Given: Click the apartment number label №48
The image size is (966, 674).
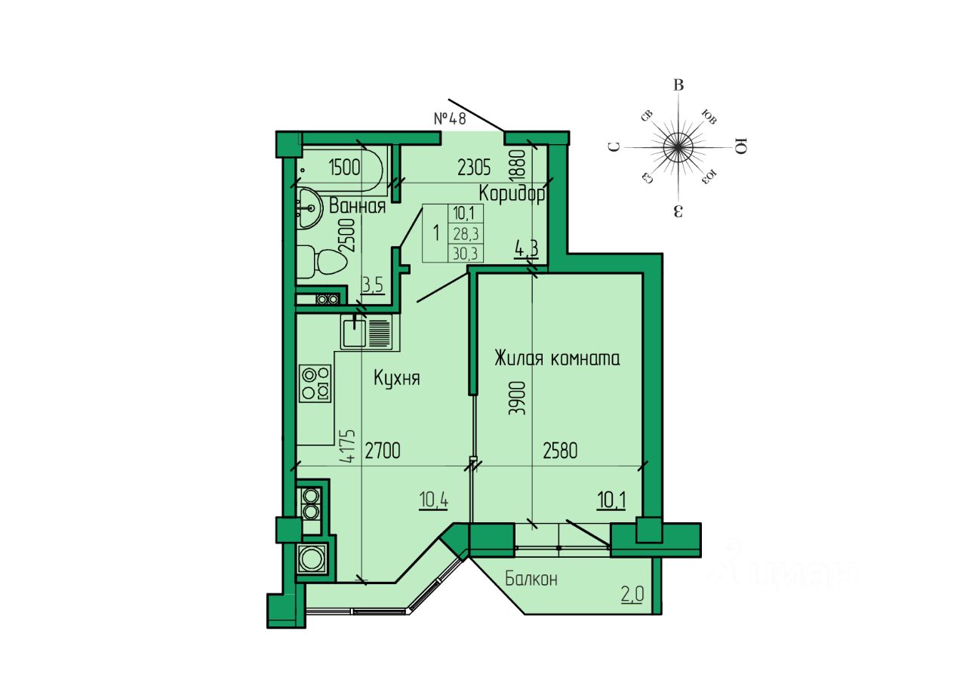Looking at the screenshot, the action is click(450, 118).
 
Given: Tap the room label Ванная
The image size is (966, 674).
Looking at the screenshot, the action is click(357, 206).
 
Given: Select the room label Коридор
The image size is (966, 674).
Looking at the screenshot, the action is click(512, 194).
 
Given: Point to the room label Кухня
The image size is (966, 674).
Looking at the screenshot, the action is click(397, 378).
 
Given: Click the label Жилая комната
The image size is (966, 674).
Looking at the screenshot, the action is click(557, 359).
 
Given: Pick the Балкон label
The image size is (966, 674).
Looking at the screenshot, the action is click(531, 579).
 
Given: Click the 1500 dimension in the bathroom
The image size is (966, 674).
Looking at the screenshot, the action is click(344, 168).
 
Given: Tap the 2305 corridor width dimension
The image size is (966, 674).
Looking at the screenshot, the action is click(474, 168).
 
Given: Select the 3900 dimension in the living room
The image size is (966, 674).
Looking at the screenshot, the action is click(518, 398).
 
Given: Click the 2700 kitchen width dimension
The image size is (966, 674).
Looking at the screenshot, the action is click(383, 451).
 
